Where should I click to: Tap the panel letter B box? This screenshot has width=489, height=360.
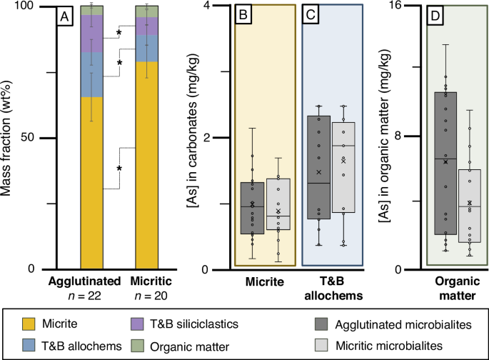click(244, 14)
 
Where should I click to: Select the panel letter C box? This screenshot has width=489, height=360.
click(311, 14)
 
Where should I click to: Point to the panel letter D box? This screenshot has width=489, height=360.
click(436, 15)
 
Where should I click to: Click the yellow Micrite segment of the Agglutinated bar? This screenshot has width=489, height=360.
click(92, 183)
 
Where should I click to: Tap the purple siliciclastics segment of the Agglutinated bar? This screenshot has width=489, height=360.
click(92, 34)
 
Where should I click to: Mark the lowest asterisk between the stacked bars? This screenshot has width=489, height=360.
click(119, 169)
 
